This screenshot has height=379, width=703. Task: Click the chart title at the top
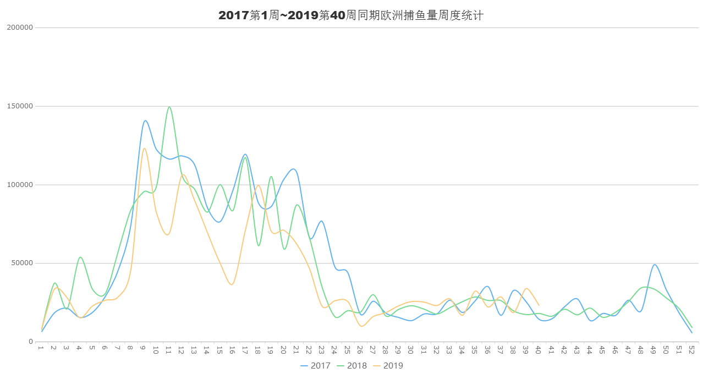[351, 15]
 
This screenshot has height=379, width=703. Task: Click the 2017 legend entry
[316, 365]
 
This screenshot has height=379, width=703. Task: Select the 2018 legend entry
[352, 365]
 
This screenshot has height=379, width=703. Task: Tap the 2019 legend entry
[388, 365]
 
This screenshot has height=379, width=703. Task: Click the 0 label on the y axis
[31, 342]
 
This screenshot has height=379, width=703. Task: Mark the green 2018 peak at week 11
[169, 107]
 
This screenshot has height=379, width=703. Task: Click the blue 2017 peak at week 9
[145, 120]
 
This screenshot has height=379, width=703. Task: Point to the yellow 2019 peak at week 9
[144, 149]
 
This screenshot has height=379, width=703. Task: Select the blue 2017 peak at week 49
[654, 265]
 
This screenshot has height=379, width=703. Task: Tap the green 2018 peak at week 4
[80, 257]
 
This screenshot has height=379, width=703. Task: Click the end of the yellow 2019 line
[539, 305]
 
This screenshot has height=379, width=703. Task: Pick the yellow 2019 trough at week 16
[232, 284]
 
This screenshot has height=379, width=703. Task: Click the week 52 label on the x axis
[691, 349]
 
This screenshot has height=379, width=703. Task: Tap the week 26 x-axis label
[360, 349]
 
